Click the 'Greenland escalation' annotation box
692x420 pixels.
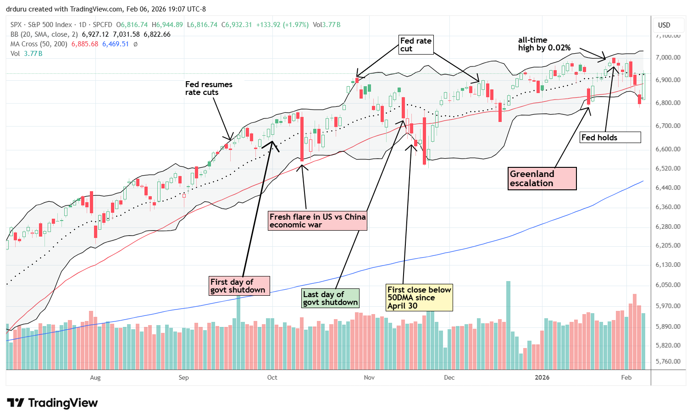pyautogui.click(x=543, y=178)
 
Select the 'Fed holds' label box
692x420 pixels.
pyautogui.click(x=610, y=137)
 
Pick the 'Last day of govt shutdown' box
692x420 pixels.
pyautogui.click(x=330, y=298)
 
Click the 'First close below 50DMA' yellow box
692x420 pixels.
pyautogui.click(x=419, y=298)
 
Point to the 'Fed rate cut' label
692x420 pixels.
pyautogui.click(x=415, y=45)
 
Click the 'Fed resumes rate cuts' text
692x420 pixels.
pyautogui.click(x=209, y=88)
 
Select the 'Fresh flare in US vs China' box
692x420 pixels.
pyautogui.click(x=317, y=221)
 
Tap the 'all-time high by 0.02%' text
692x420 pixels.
pyautogui.click(x=544, y=44)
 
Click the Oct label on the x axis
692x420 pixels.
pyautogui.click(x=272, y=377)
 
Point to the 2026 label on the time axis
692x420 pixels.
pyautogui.click(x=542, y=377)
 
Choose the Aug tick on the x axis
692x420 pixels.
pyautogui.click(x=95, y=377)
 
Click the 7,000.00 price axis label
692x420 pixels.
pyautogui.click(x=668, y=57)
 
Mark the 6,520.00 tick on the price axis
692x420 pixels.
pyautogui.click(x=668, y=168)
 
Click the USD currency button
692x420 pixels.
pyautogui.click(x=664, y=25)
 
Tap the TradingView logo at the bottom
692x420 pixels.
pyautogui.click(x=53, y=403)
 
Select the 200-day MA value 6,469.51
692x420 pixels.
pyautogui.click(x=116, y=44)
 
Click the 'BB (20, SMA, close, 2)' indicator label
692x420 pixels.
pyautogui.click(x=44, y=34)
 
